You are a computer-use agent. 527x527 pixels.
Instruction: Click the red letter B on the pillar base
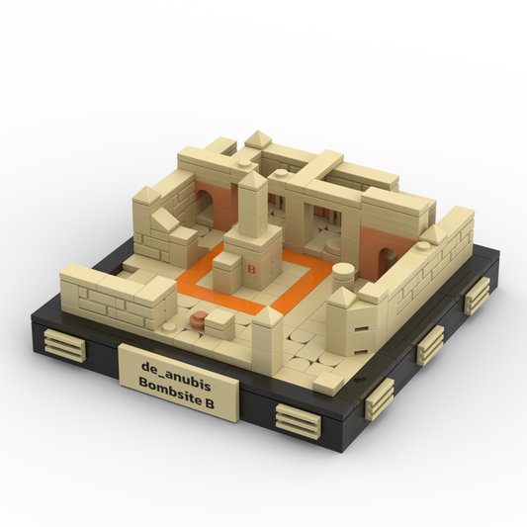point(251,269)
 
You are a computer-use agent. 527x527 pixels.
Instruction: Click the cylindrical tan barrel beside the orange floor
point(343,274)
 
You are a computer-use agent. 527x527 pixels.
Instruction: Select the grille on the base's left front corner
point(65,344)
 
